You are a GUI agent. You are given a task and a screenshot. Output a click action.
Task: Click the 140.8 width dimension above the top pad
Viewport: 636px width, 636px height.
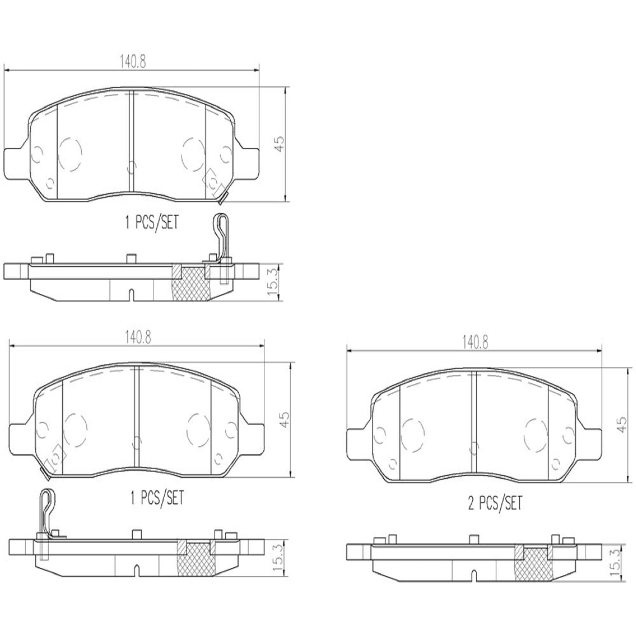(132, 62)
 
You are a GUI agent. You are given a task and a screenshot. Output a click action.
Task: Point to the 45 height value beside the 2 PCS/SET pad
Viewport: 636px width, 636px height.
(621, 424)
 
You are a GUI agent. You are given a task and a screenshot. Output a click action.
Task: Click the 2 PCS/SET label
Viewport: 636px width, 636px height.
(495, 503)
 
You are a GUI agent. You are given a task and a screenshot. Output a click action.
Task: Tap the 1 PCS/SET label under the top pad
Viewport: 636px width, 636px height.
(152, 222)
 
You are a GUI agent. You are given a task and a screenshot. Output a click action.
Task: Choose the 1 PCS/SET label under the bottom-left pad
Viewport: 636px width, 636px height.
(157, 498)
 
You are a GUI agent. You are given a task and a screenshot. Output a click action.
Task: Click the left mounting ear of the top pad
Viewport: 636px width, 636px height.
(16, 163)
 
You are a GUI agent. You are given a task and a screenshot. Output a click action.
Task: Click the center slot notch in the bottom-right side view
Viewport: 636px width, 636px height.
(474, 575)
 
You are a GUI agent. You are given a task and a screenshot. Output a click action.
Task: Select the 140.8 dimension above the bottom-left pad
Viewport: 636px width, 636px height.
(138, 338)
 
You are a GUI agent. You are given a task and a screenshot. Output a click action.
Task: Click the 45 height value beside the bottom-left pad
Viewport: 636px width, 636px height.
(285, 419)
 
